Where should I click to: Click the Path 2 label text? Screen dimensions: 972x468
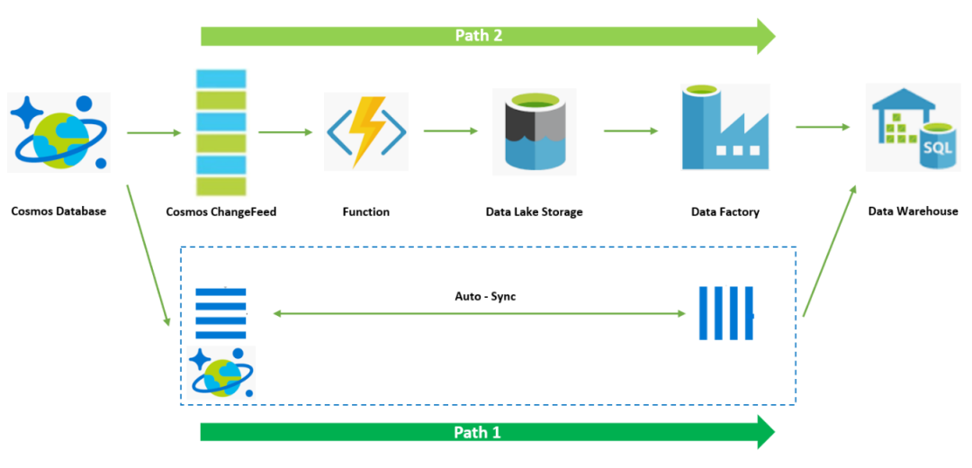[478, 35]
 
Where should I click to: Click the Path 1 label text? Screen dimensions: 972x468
[477, 432]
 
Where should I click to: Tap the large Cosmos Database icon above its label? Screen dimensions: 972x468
[58, 132]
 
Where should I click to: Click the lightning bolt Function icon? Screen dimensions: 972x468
[366, 131]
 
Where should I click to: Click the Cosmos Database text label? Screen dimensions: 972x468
[58, 211]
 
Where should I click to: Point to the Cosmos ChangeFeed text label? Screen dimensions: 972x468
[221, 212]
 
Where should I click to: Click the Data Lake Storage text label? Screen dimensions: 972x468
[535, 212]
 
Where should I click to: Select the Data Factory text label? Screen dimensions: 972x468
[725, 212]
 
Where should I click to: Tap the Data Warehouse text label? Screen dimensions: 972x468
[913, 211]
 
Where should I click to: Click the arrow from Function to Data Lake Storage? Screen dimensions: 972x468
[451, 130]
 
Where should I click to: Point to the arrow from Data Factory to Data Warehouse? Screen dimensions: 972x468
[823, 127]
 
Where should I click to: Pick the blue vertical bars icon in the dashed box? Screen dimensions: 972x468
[726, 313]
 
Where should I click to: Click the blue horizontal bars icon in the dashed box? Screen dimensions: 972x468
[221, 314]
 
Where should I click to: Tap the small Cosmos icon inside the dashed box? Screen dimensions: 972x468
[221, 373]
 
